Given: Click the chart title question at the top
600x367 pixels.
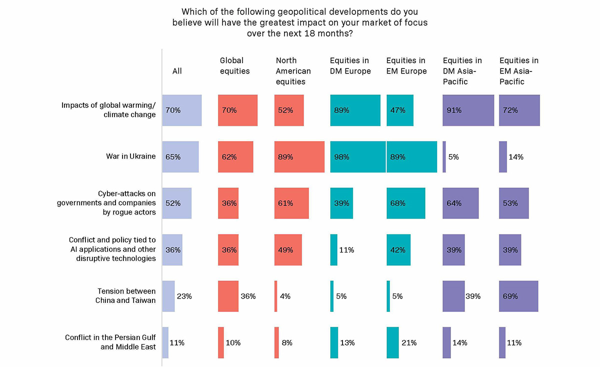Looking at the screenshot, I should click(300, 22).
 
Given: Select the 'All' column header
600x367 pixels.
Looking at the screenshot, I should click(177, 71).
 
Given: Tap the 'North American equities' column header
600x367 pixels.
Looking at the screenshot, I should click(293, 71).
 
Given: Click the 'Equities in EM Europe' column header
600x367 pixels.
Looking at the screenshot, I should click(406, 66).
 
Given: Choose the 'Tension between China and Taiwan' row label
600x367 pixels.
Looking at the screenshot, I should click(125, 295).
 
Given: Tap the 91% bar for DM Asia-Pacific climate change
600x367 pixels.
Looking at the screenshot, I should click(468, 110).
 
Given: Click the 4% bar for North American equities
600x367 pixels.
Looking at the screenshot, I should click(275, 296).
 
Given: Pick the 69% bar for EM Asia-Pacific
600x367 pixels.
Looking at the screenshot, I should click(518, 296).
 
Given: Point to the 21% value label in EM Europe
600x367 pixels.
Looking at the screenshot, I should click(409, 342).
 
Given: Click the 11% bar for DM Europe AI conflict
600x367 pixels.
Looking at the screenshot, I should click(333, 249).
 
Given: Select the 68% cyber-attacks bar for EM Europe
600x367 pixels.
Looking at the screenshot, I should click(405, 203).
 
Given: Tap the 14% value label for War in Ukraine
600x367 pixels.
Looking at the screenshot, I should click(516, 157).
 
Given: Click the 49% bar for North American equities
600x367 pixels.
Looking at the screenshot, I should click(288, 249).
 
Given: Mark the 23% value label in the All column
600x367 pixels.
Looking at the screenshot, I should click(184, 296).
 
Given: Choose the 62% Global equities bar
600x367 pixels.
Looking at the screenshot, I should click(235, 157).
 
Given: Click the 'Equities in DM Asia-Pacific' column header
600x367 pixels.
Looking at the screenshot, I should click(462, 71).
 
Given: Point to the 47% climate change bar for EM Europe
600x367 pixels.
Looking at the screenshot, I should click(400, 110).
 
